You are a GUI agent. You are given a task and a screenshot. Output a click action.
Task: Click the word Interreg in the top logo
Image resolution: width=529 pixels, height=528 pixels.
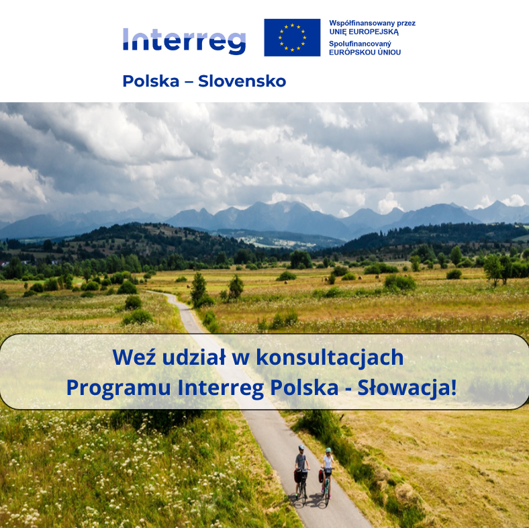pyautogui.click(x=184, y=41)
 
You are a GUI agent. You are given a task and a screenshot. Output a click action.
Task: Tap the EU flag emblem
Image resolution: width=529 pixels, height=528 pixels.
pyautogui.click(x=292, y=38)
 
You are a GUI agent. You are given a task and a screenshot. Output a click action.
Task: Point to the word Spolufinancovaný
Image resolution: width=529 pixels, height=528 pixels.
pyautogui.click(x=360, y=44)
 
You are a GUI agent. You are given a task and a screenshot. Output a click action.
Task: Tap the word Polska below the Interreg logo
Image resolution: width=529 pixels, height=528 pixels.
pyautogui.click(x=151, y=81)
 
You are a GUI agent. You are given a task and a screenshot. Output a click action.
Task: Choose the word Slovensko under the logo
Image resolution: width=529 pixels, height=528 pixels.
pyautogui.click(x=242, y=81)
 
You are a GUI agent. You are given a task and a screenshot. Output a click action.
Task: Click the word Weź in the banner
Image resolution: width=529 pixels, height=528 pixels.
pyautogui.click(x=134, y=357)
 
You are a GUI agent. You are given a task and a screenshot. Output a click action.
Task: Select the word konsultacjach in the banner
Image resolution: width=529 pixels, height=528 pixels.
pyautogui.click(x=330, y=357)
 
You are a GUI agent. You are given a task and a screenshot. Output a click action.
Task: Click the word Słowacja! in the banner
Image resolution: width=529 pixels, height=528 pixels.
pyautogui.click(x=407, y=387)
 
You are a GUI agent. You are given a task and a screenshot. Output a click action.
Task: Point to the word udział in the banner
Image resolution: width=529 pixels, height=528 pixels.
pyautogui.click(x=194, y=357)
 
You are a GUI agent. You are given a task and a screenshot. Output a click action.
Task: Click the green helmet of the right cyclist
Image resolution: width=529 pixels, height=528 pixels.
pyautogui.click(x=328, y=450)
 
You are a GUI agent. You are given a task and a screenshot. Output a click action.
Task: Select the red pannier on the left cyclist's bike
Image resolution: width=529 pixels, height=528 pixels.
pyautogui.click(x=297, y=476)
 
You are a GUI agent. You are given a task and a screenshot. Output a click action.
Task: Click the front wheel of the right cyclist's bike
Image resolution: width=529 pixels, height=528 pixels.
pyautogui.click(x=327, y=496)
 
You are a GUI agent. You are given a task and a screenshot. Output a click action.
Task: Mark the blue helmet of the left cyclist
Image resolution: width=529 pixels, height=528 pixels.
pyautogui.click(x=301, y=447)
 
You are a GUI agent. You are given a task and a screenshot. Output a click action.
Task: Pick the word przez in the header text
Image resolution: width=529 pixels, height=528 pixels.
pyautogui.click(x=406, y=24)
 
